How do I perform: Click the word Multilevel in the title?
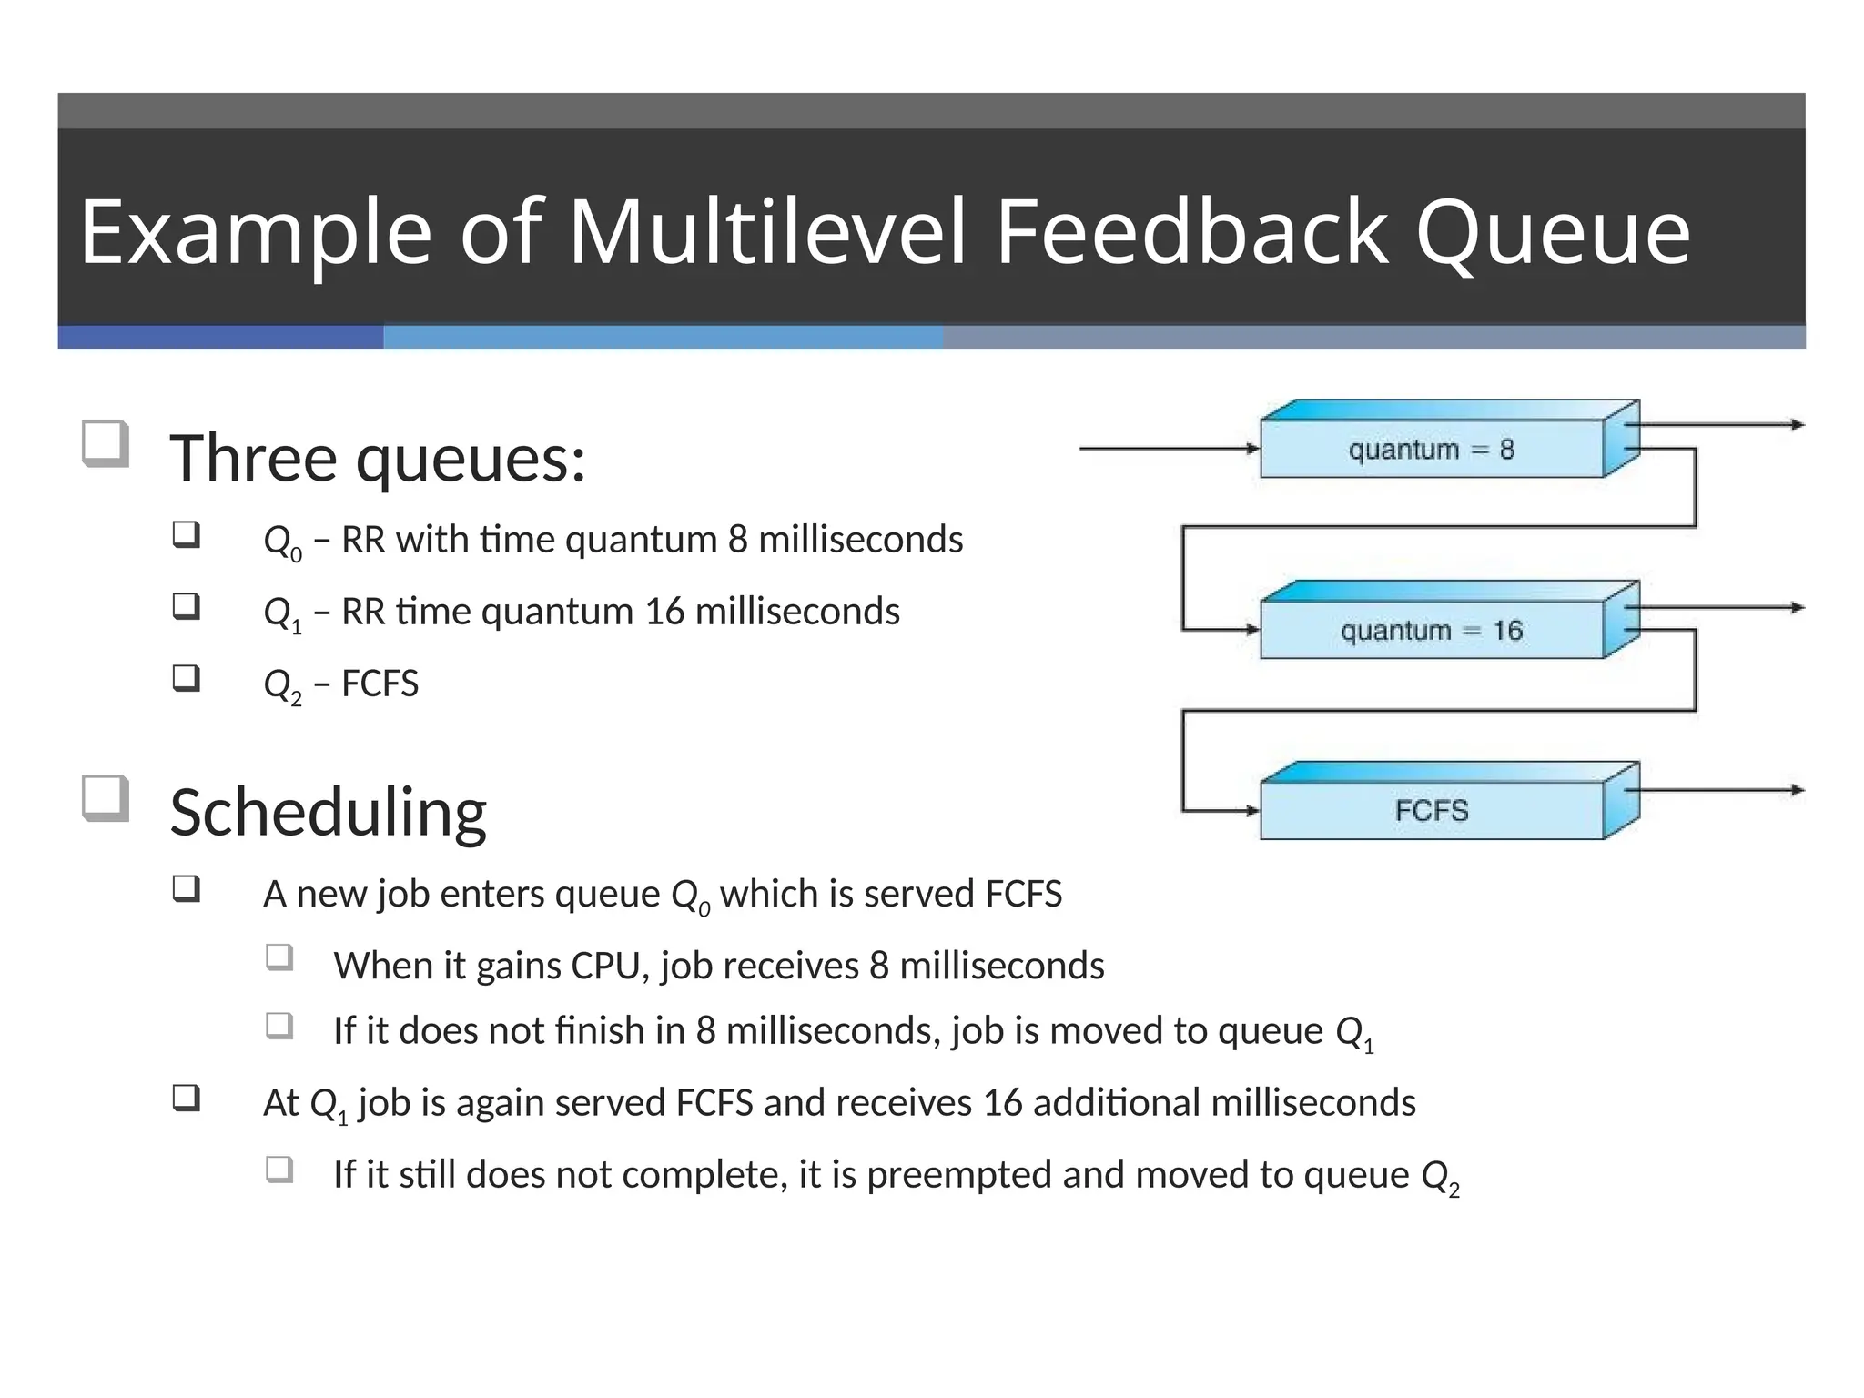(x=766, y=233)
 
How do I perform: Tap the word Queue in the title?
(x=1553, y=235)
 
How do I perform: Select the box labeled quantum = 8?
(x=1431, y=449)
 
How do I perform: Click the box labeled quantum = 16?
(x=1431, y=630)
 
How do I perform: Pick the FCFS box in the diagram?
(x=1431, y=810)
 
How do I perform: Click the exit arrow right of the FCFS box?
(x=1720, y=790)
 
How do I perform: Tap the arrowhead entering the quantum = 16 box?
(x=1251, y=630)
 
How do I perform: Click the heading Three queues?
(x=378, y=458)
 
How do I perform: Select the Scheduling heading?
(x=328, y=812)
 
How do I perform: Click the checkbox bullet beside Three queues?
(x=105, y=443)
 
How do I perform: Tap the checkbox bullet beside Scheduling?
(x=105, y=797)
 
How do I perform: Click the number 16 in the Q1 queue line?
(x=664, y=612)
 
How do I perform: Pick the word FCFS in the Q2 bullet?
(x=380, y=684)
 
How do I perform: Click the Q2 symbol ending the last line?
(x=1440, y=1177)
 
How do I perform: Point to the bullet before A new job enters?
(x=186, y=887)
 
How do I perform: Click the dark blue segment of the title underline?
(x=220, y=338)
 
